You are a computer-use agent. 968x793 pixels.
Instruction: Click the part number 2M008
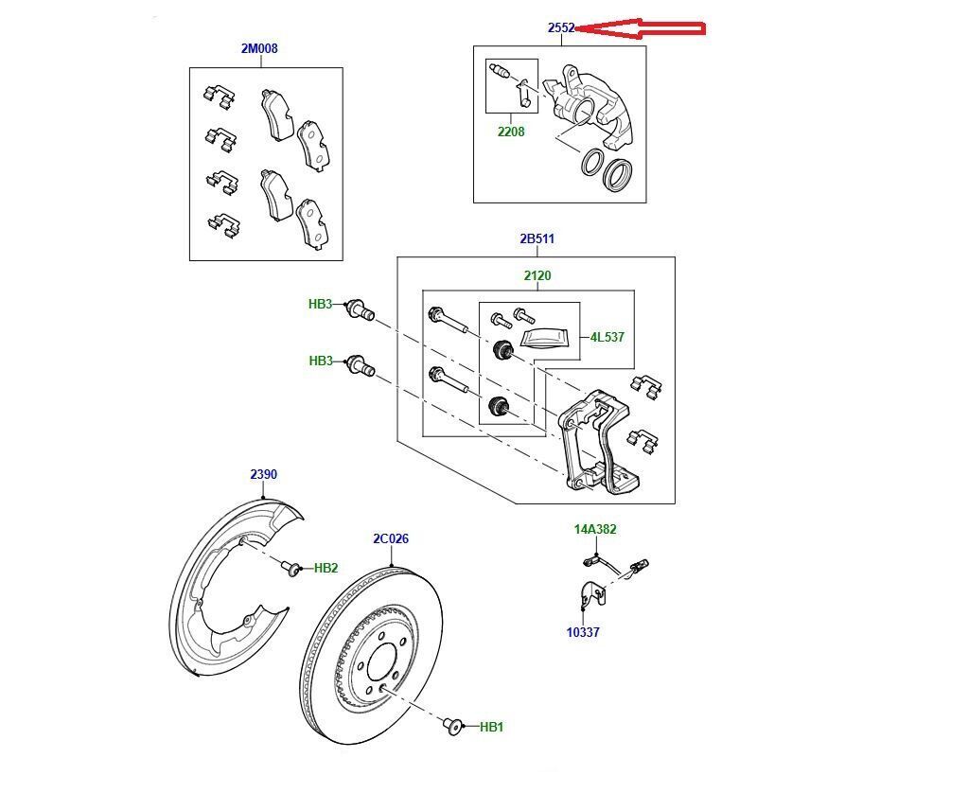(258, 48)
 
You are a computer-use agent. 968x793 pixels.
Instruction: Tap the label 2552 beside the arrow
(561, 28)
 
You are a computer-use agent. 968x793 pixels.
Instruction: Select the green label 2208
(511, 132)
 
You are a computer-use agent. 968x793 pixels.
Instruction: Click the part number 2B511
(537, 239)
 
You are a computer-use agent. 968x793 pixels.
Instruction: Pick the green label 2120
(537, 276)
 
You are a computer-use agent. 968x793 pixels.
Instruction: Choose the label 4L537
(607, 337)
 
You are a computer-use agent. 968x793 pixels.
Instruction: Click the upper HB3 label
(321, 305)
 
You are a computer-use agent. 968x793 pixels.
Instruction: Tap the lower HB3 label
(321, 361)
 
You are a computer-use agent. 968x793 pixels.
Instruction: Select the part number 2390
(263, 475)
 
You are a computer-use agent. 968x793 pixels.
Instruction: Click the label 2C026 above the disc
(391, 539)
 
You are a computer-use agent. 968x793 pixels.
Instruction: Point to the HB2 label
(326, 568)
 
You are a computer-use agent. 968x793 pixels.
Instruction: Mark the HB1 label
(491, 727)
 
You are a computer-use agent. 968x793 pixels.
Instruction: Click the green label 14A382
(594, 530)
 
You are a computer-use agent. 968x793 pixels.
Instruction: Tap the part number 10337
(583, 632)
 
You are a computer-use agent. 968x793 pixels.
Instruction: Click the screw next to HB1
(451, 726)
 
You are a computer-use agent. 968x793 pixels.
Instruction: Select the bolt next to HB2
(290, 567)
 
